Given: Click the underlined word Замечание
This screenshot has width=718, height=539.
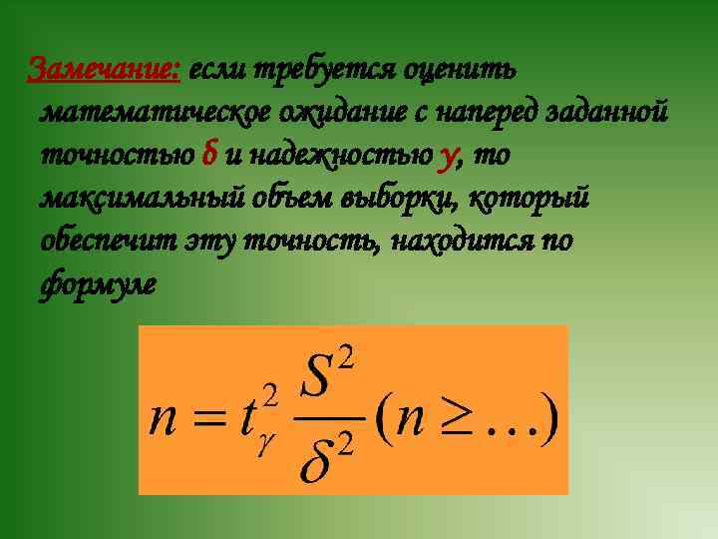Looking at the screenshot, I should coord(104,70).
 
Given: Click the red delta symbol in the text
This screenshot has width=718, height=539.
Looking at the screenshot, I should coord(208,156).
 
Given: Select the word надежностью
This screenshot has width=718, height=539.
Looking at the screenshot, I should coord(342,157).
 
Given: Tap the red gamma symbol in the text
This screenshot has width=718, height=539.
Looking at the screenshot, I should coord(448,158).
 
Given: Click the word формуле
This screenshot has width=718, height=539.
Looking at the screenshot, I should coord(98,284).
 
